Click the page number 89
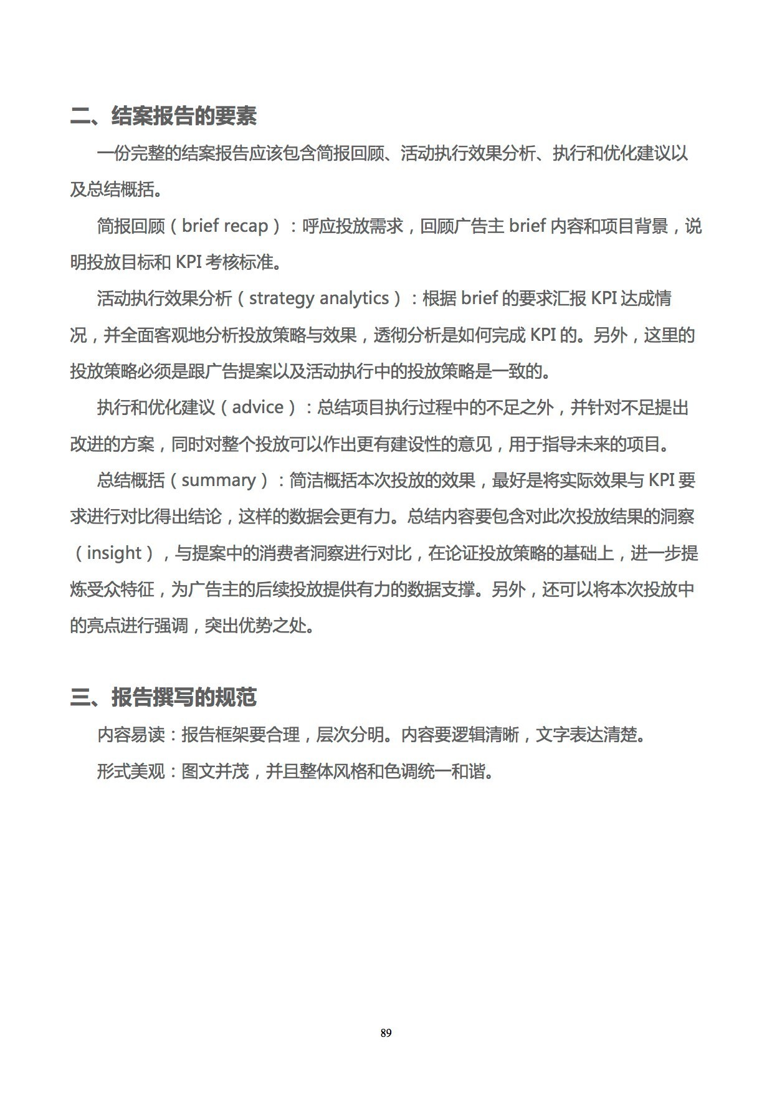tap(386, 1033)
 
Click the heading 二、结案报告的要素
tap(163, 116)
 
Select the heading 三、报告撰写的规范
tap(163, 697)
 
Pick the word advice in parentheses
tap(257, 408)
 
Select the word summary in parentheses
tap(219, 480)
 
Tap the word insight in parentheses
tap(114, 553)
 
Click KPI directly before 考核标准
tap(188, 262)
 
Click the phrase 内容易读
tap(130, 735)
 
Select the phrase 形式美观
tap(130, 772)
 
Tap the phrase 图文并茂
tap(215, 772)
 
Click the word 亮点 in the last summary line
tap(103, 626)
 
